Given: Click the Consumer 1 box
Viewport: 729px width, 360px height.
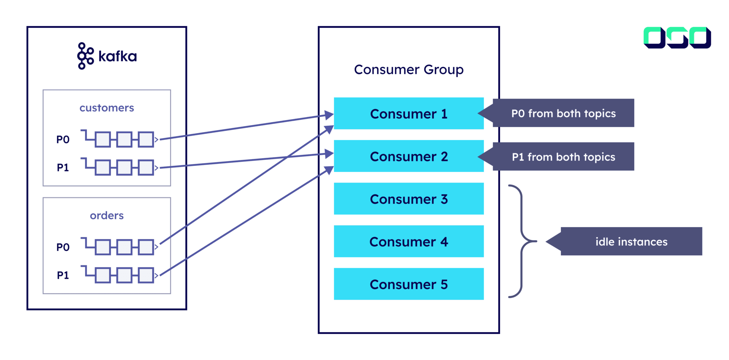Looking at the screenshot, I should coord(409,114).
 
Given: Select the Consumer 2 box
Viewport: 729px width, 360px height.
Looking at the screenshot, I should coord(409,156).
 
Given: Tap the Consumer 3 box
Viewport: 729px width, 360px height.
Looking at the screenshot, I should coord(409,199).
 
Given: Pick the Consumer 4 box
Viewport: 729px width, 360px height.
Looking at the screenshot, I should coord(409,241).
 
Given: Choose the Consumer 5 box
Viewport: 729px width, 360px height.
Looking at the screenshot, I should coord(409,284).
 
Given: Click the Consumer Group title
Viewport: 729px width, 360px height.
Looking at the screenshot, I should coord(409,69).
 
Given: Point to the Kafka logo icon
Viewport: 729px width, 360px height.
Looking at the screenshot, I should coord(85,56).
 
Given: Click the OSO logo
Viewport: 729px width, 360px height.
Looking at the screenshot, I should coord(677,37).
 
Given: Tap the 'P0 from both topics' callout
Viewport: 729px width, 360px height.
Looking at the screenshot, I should coord(563,113).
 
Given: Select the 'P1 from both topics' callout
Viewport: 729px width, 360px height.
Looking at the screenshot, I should coord(563,157).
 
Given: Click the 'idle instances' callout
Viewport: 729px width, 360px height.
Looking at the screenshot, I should coord(631,241).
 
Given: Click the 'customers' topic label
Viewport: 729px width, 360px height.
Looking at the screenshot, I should coord(106,108).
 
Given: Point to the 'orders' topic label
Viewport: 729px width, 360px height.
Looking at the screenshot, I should coord(106,215).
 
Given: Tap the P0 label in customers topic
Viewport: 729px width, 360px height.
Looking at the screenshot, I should coord(63,140).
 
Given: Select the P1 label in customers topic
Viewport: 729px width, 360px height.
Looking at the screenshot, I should coord(63,167).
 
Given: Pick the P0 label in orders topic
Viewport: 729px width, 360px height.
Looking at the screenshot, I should coord(63,247).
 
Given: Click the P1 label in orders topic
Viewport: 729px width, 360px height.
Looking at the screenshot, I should coord(63,275).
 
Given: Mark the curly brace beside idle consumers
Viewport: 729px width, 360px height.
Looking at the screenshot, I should coord(522,241).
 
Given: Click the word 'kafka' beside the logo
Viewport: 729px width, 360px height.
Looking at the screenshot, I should coord(117,56).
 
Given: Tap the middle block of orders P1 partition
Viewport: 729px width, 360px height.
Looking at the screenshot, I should coord(124,275).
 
